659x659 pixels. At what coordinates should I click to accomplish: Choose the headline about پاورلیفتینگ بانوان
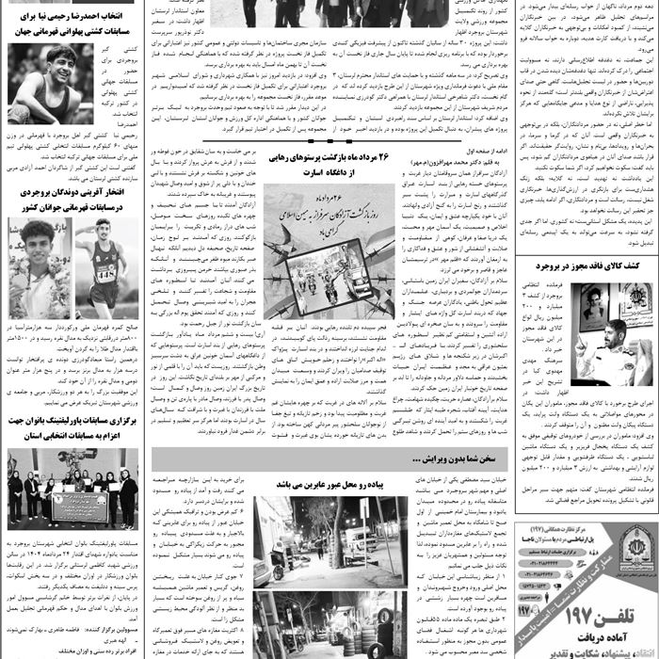(x=72, y=429)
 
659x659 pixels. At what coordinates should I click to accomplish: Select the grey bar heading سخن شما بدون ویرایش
(x=329, y=458)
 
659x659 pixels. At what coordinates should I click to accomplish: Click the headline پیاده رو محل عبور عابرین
(x=329, y=483)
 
